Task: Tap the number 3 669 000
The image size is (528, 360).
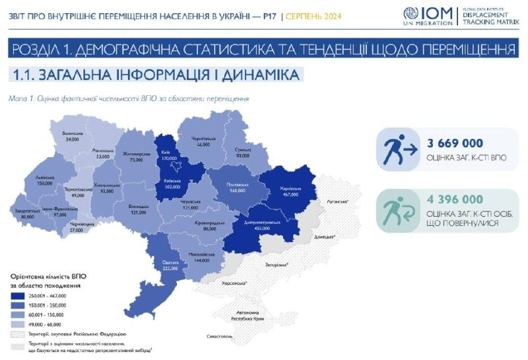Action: pos(455,143)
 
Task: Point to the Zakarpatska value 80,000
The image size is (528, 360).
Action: pos(28,217)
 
